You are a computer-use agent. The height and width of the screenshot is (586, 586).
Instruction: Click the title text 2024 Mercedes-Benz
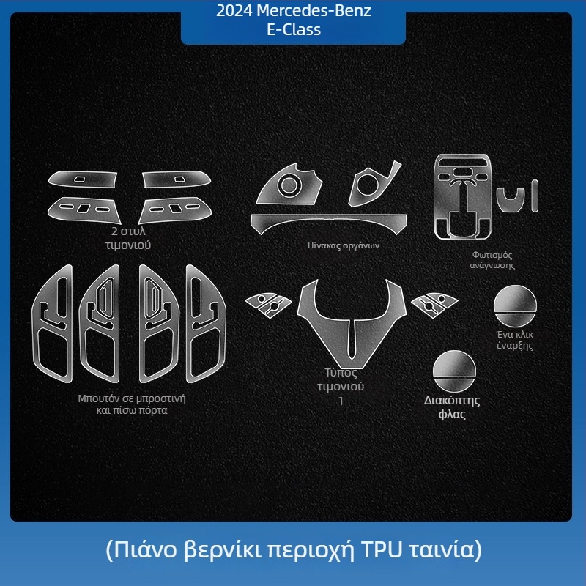click(x=294, y=11)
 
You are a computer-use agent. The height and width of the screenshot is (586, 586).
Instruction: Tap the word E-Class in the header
click(x=294, y=29)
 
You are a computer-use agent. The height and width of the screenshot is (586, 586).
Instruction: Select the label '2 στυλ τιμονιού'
click(x=127, y=238)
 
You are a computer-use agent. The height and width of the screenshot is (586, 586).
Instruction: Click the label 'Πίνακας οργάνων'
click(x=343, y=245)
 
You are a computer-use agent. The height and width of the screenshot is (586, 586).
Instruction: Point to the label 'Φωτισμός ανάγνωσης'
click(x=492, y=260)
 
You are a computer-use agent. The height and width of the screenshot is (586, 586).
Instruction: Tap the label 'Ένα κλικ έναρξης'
click(x=515, y=340)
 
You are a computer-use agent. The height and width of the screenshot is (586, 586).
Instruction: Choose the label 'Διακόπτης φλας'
click(x=452, y=407)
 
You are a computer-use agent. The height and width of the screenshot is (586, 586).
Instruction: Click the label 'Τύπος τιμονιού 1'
click(x=341, y=387)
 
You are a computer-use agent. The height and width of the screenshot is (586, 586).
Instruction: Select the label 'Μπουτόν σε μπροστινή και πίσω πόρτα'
click(x=132, y=404)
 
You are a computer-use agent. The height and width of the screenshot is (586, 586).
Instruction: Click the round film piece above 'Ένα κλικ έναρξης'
click(x=515, y=305)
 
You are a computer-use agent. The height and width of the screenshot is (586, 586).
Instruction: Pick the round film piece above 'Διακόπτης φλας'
click(x=454, y=371)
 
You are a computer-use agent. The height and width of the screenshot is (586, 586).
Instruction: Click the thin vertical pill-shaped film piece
click(x=535, y=196)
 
